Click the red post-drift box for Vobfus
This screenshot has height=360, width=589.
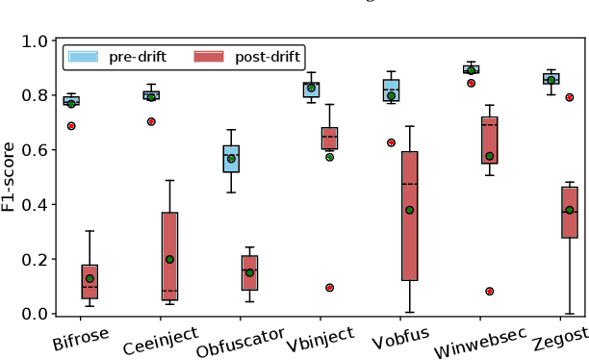[410, 216]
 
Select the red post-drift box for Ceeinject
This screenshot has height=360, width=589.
[169, 256]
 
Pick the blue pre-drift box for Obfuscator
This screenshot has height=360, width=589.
[231, 159]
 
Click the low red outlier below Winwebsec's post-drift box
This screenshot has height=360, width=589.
[490, 291]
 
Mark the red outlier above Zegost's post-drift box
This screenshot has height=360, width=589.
[569, 97]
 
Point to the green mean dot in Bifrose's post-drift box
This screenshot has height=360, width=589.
[90, 278]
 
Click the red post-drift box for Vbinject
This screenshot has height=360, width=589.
[330, 139]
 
